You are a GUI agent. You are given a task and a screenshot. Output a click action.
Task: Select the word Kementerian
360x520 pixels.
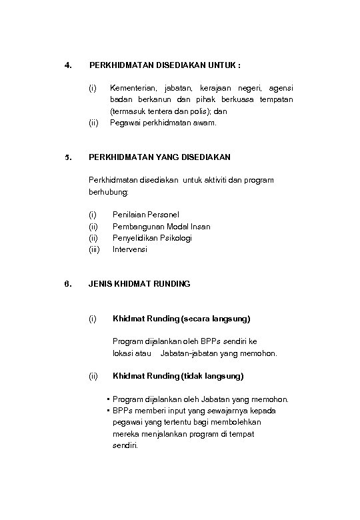point(133,88)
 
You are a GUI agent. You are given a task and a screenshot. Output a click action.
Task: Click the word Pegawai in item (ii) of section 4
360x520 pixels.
point(125,123)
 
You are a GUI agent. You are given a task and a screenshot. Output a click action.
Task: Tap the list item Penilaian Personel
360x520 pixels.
point(146,215)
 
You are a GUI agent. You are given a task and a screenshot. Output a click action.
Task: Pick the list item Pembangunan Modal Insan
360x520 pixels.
point(161,227)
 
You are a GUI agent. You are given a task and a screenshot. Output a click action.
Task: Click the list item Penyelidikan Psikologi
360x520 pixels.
point(152,238)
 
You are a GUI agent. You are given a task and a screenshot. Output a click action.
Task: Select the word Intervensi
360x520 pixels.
point(130,249)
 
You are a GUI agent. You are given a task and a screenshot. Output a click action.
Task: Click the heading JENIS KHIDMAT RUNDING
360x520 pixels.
point(139,284)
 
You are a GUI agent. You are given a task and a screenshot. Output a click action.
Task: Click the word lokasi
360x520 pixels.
point(125,353)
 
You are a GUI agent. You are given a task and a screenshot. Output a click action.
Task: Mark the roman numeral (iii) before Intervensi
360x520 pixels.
point(94,249)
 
